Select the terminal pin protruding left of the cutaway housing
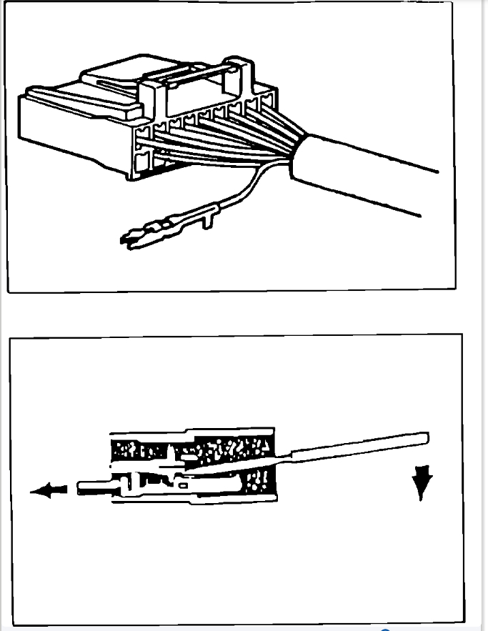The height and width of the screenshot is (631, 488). tap(89, 489)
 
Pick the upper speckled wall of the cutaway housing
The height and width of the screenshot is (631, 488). tap(193, 448)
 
